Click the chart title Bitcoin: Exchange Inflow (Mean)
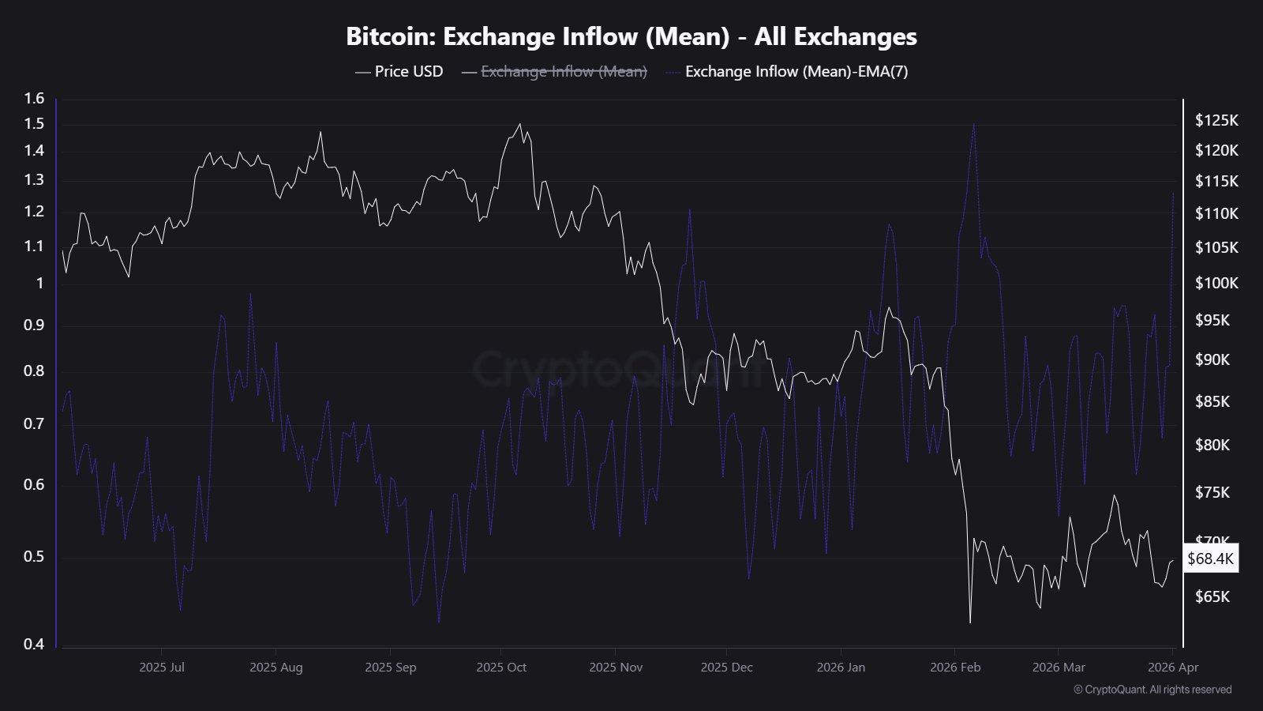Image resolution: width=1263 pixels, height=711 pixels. (x=631, y=37)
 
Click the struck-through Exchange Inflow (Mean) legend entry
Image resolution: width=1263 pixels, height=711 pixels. (x=564, y=72)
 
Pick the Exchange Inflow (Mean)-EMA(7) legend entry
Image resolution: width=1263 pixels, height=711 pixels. (x=796, y=72)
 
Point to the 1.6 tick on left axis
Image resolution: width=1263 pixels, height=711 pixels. (x=34, y=99)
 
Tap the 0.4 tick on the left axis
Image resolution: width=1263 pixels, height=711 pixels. (x=34, y=644)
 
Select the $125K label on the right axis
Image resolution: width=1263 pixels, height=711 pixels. (x=1216, y=121)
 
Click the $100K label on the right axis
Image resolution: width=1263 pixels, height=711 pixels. (x=1216, y=283)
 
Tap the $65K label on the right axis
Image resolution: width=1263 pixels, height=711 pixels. (x=1212, y=596)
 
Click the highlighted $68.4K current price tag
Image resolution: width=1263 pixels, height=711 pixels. (x=1210, y=559)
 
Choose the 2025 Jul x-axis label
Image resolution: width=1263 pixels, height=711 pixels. (x=162, y=668)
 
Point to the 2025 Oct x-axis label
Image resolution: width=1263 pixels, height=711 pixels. (x=501, y=668)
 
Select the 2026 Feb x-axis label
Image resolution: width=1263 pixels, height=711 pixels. (x=955, y=668)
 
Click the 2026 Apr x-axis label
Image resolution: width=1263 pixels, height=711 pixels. (x=1173, y=668)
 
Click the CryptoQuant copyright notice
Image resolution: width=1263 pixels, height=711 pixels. (x=1152, y=690)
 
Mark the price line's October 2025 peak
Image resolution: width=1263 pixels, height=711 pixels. (x=519, y=124)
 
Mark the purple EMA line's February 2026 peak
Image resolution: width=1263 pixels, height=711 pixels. (x=974, y=123)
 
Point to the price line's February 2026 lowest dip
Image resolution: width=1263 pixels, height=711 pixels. (x=970, y=623)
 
